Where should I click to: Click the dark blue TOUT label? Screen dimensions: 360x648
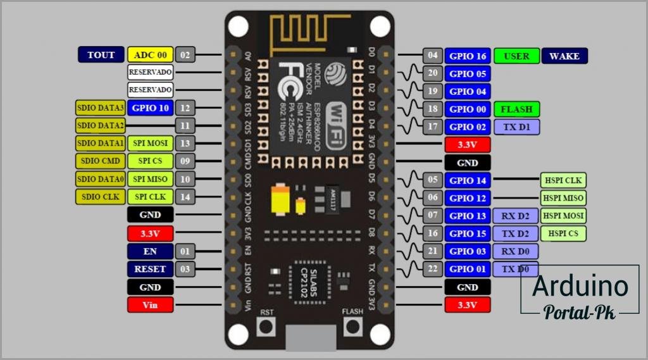click(101, 55)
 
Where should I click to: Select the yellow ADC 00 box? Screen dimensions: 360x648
click(150, 55)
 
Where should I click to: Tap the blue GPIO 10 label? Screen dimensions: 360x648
click(150, 108)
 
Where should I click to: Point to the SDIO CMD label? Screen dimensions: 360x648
click(101, 161)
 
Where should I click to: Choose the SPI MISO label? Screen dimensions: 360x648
click(150, 179)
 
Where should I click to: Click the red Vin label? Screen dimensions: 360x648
click(150, 305)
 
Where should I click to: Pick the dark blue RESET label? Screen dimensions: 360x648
click(150, 269)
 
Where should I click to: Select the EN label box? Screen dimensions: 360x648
click(150, 251)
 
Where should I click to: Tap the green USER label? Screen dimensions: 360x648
click(516, 56)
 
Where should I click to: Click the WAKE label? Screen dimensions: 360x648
click(564, 56)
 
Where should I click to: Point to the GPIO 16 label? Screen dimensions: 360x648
click(467, 56)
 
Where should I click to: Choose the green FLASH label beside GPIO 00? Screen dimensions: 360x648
click(516, 109)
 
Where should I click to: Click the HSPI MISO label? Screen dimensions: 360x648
click(563, 198)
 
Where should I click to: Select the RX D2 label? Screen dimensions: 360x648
click(516, 216)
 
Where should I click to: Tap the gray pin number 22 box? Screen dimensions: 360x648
click(433, 270)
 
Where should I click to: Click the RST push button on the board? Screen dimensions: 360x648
click(266, 326)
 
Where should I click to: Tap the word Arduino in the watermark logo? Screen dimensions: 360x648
click(580, 287)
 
